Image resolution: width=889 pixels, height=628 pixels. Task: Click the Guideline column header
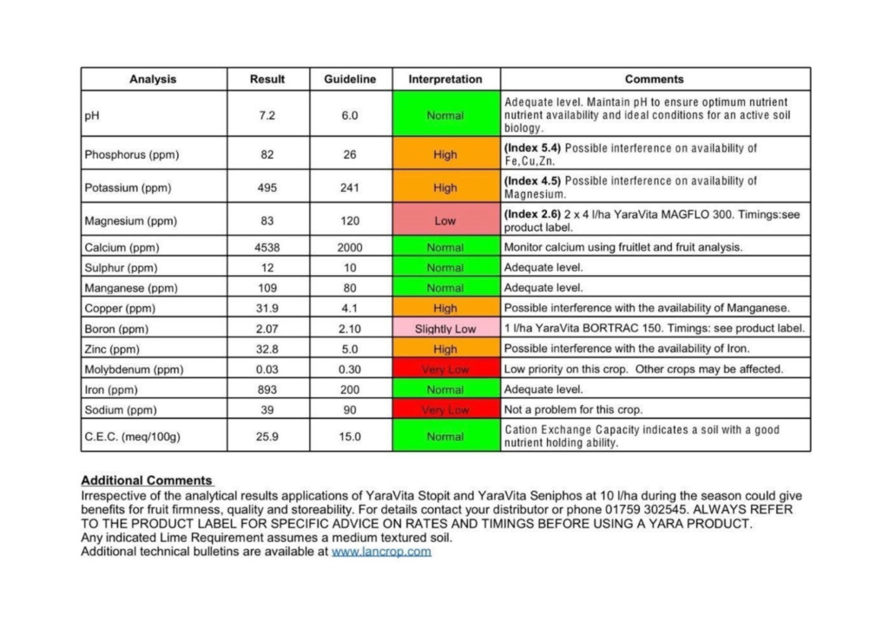pos(350,79)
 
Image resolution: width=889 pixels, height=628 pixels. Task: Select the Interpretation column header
pos(445,79)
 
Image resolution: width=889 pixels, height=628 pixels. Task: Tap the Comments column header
pos(654,79)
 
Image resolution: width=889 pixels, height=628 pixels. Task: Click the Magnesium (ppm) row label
pos(130,221)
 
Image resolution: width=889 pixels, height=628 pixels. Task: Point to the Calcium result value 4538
pos(267,247)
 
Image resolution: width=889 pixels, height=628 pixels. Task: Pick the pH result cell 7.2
pos(267,115)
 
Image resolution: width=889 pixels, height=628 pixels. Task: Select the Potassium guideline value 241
pos(350,187)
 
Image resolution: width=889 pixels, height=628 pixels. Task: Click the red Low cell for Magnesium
pos(445,221)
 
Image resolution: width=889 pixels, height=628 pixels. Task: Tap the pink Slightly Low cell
pos(445,329)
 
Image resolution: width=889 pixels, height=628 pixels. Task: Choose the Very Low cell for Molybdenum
pos(445,370)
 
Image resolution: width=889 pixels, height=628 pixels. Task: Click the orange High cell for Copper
pos(445,308)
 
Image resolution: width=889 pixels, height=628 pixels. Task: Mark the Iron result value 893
pos(267,389)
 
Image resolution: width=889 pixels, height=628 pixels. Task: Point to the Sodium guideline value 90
pos(350,409)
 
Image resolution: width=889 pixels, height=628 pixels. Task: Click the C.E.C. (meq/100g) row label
pos(132,436)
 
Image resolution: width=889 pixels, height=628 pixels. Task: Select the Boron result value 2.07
pos(267,329)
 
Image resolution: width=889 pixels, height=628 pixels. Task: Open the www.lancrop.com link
pos(381,551)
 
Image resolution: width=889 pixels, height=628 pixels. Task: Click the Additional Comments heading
pos(147,481)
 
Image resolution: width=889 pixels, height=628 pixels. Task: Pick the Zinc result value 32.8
pos(267,349)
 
